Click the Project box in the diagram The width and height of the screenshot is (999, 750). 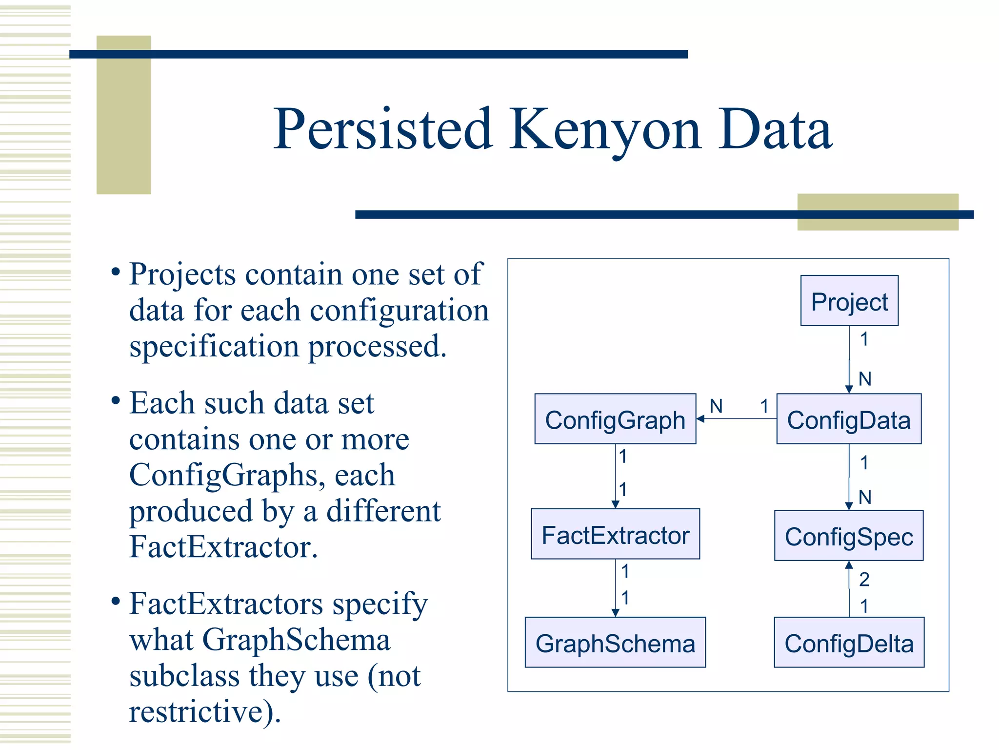(849, 301)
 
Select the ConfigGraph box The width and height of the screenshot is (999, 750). (615, 419)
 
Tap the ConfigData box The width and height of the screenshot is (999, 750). (849, 419)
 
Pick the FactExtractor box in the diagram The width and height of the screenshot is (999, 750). (615, 535)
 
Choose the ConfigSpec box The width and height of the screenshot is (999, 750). (849, 536)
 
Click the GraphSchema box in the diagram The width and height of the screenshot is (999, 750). (615, 643)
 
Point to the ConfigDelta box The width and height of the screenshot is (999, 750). (849, 643)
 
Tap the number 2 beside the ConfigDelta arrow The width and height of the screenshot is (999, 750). (864, 580)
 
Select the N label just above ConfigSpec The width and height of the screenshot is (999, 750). (865, 498)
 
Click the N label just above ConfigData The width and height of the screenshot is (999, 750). (865, 379)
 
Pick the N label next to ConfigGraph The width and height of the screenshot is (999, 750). (716, 406)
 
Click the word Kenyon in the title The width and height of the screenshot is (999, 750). (605, 130)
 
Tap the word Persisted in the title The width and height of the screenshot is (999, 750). (383, 130)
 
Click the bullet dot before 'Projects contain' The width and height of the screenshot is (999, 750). (116, 272)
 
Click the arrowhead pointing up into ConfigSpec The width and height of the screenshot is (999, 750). (849, 565)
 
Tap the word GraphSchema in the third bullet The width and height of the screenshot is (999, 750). (296, 640)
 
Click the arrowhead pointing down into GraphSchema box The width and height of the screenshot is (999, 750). (615, 613)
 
